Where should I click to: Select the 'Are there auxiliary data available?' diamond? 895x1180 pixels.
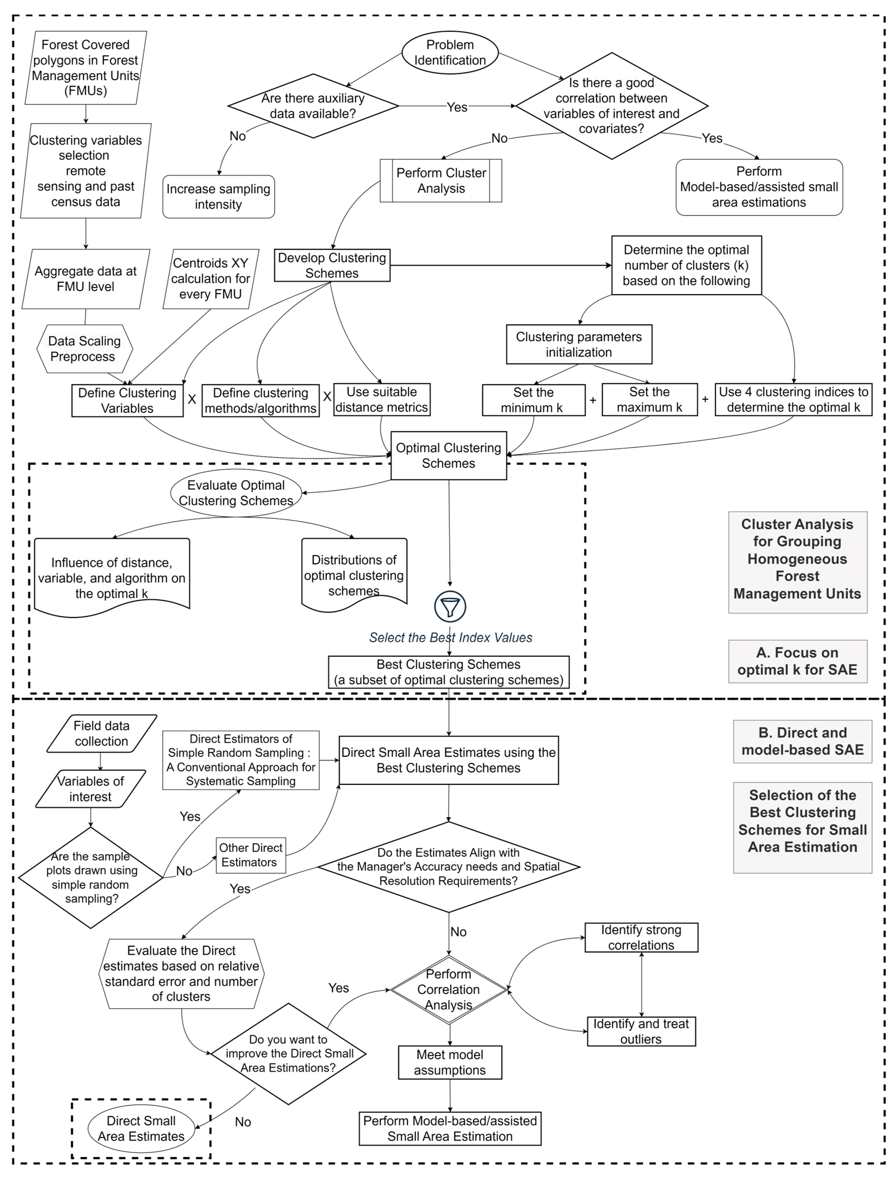(313, 106)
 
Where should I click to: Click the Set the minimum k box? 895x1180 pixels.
(533, 400)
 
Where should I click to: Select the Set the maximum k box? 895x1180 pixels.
(649, 400)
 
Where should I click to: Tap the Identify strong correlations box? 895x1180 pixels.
(641, 937)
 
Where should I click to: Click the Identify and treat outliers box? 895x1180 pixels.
(641, 1031)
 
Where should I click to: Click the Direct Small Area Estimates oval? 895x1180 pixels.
(141, 1128)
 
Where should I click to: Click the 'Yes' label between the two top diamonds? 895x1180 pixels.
(457, 107)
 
